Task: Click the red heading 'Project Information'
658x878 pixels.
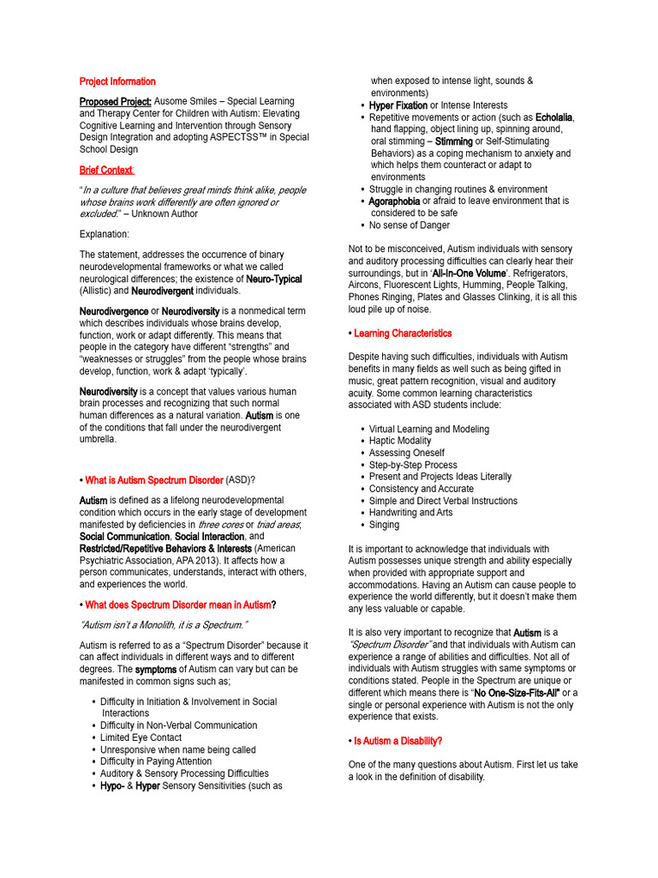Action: (117, 81)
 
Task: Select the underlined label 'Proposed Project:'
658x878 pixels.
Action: (116, 101)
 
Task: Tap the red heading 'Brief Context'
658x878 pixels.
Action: (106, 170)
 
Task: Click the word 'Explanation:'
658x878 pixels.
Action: (105, 233)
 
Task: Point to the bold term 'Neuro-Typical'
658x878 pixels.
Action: (273, 279)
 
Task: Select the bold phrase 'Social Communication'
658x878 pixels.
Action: (124, 536)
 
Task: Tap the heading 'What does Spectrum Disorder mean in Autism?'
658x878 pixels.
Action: (181, 604)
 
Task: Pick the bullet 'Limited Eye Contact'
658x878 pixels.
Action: (141, 737)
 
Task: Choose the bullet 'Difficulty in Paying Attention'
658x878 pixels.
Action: (155, 761)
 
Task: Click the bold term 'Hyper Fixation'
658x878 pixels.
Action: (398, 105)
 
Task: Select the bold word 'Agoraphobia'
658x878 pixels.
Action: (394, 201)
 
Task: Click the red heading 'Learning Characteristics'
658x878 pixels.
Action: (402, 333)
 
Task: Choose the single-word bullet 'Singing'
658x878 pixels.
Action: (384, 525)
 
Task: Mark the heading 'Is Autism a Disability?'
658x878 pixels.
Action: (398, 740)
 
